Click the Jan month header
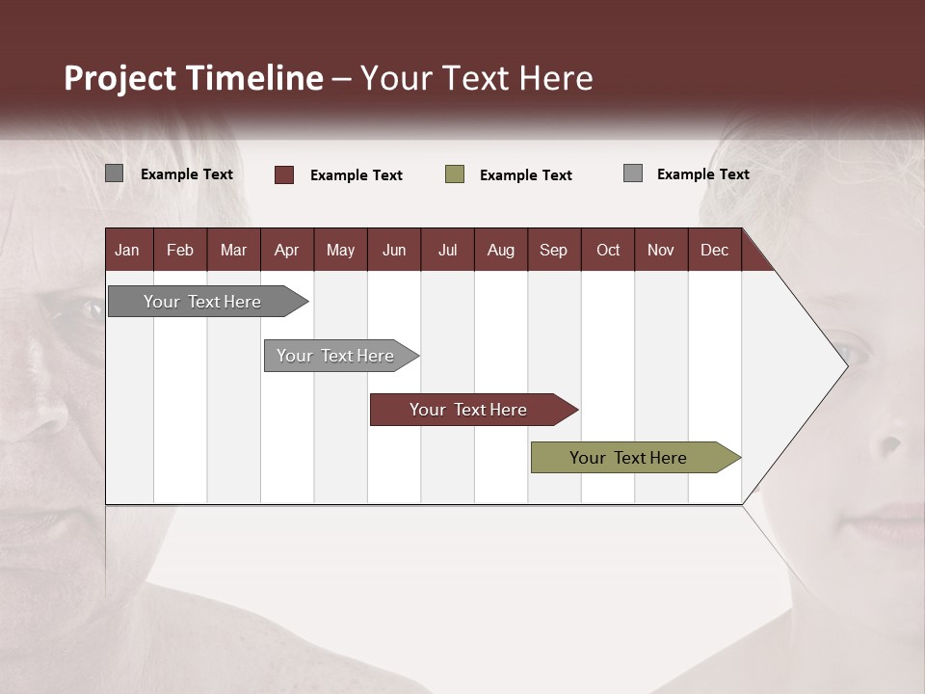(127, 250)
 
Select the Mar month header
(233, 250)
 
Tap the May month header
(340, 250)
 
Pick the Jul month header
(447, 250)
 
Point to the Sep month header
(553, 250)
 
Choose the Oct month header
(608, 250)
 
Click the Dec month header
(714, 250)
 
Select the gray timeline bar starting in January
(202, 302)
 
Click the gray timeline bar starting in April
(335, 356)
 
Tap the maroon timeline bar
(468, 410)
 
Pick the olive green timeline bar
(628, 458)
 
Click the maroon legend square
(284, 174)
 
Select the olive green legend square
(455, 174)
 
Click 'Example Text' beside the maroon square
(357, 175)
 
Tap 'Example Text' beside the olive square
(526, 175)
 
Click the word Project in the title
(120, 78)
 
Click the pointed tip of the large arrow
(845, 365)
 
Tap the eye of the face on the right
(847, 349)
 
